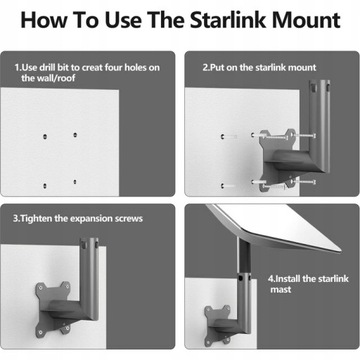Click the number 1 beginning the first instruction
tap(17, 68)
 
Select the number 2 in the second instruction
tap(204, 68)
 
